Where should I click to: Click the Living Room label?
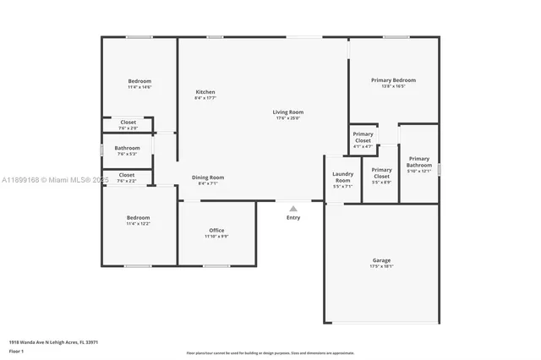[x=287, y=112]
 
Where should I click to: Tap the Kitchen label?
[x=205, y=92]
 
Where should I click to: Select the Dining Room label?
[x=207, y=177]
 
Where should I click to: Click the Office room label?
[x=216, y=231]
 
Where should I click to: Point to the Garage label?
[x=381, y=260]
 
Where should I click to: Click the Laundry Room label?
[x=342, y=178]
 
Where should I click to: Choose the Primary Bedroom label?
[x=393, y=80]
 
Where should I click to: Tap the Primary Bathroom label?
[x=419, y=161]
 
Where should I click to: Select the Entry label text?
[x=292, y=218]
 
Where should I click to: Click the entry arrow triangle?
[x=293, y=208]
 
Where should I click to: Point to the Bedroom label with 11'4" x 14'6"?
[x=139, y=81]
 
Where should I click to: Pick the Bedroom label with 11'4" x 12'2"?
[x=139, y=217]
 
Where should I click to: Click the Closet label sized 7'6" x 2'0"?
[x=128, y=123]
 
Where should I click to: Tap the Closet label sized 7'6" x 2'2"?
[x=127, y=175]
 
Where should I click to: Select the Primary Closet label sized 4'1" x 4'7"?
[x=363, y=137]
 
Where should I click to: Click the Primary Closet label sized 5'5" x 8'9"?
[x=381, y=173]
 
